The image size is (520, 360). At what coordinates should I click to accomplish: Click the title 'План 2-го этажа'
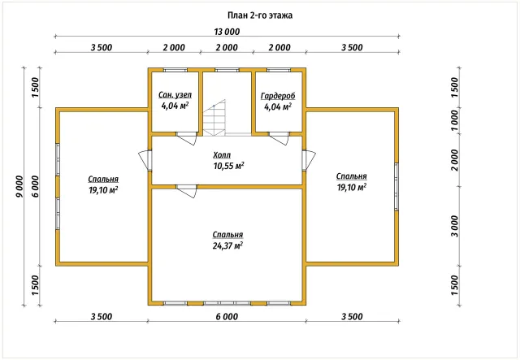tap(260, 15)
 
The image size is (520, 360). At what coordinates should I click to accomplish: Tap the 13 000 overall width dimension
tap(227, 32)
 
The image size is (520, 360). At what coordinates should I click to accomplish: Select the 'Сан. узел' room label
tap(175, 95)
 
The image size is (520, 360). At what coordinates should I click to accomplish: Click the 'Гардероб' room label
tap(278, 96)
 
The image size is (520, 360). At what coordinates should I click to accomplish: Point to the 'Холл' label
tap(222, 155)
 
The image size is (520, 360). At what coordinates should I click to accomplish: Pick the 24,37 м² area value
tap(227, 246)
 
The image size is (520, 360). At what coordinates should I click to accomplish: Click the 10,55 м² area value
tap(229, 166)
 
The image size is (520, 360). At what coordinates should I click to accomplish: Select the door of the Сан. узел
tap(187, 139)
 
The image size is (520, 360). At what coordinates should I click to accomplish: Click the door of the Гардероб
tap(279, 139)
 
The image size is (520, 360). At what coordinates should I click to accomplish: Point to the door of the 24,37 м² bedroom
tap(187, 192)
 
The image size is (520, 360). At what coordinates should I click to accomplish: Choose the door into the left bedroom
tap(145, 161)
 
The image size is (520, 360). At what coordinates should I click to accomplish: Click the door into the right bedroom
tap(309, 161)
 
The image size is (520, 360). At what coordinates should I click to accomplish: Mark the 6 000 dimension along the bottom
tap(227, 317)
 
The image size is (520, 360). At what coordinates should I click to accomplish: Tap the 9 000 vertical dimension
tap(19, 186)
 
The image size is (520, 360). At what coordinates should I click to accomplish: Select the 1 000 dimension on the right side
tap(454, 120)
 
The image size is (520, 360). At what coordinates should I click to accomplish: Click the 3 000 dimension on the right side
tap(454, 226)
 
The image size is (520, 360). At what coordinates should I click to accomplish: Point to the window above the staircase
tap(227, 70)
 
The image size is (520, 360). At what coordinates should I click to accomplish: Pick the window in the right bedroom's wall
tap(396, 186)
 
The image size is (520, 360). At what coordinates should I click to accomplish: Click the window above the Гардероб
tap(279, 70)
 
